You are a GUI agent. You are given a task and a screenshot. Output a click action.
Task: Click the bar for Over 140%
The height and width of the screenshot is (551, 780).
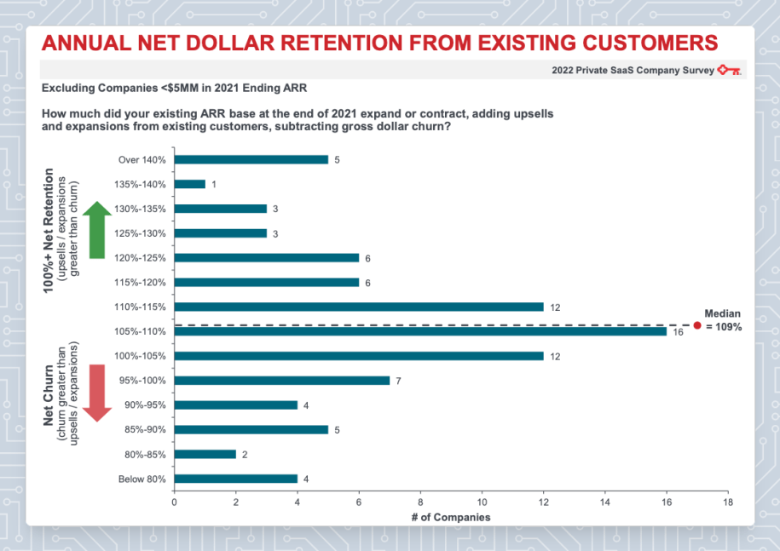tap(251, 159)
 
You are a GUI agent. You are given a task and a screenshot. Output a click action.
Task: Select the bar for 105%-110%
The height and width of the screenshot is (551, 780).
tap(420, 331)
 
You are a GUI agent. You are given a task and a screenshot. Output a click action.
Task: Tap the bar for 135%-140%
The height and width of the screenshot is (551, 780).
tap(190, 184)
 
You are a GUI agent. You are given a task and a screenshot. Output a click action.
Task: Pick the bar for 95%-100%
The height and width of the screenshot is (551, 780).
tap(282, 381)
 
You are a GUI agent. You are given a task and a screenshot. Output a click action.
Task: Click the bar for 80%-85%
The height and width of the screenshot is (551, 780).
tap(205, 455)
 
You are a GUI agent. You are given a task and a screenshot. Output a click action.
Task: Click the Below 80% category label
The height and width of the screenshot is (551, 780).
tap(142, 479)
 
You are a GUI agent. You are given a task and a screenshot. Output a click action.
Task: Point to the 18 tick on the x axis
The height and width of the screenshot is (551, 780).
tap(728, 502)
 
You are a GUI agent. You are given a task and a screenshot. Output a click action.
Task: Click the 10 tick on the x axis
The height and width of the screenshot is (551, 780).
tap(482, 502)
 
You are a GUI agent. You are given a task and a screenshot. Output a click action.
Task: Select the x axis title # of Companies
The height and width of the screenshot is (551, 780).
tap(451, 517)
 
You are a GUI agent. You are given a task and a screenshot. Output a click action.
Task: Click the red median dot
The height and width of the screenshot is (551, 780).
tap(696, 325)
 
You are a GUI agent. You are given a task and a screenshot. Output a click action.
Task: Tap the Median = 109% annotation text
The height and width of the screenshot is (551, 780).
tap(723, 319)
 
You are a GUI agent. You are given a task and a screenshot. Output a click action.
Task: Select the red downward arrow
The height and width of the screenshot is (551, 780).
tap(98, 393)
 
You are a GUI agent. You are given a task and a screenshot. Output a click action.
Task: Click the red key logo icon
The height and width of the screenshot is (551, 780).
tap(729, 70)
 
